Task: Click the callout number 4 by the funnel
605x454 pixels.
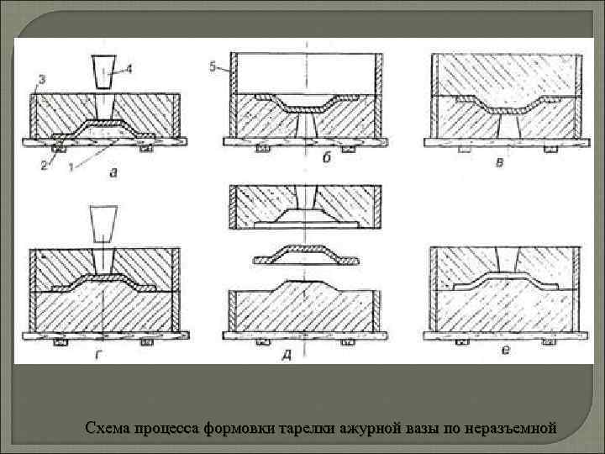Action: tap(129, 71)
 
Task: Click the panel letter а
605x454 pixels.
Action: tap(113, 172)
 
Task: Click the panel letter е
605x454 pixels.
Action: tap(505, 349)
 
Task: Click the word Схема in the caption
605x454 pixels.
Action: tap(107, 428)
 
